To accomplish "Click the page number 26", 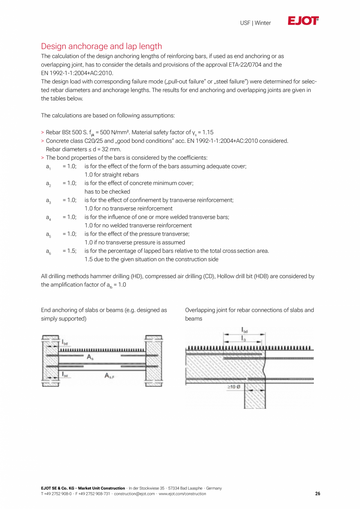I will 317,494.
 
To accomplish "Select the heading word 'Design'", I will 55,46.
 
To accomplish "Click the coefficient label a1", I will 48,167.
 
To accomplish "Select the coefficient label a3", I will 48,200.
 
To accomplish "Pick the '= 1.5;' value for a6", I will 69,251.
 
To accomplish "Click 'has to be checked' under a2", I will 107,192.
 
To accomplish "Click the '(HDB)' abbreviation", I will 261,276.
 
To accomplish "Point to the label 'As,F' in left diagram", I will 109,376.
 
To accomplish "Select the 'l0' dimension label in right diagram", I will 244,338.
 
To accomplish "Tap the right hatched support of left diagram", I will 154,360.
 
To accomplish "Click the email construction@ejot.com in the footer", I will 134,494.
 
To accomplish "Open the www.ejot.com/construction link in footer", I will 182,494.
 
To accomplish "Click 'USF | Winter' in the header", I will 255,23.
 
